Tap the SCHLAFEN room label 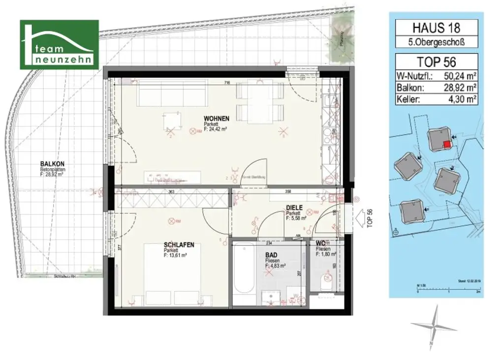179,244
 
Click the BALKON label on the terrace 53,164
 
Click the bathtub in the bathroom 242,273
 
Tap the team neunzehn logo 59,45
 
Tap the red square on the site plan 446,145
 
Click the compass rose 433,327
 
